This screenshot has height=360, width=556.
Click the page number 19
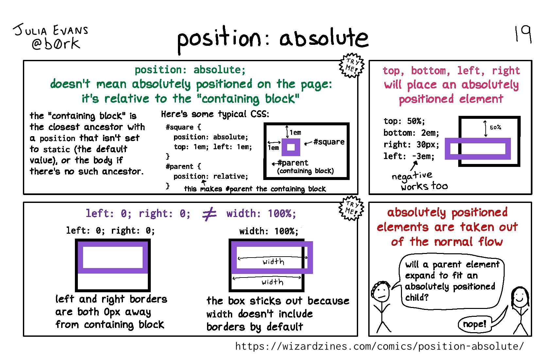point(523,34)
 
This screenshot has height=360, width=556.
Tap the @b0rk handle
point(56,44)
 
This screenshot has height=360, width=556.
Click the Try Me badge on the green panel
point(351,65)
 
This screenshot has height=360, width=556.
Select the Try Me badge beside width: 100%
point(351,208)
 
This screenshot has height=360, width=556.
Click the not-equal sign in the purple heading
point(209,214)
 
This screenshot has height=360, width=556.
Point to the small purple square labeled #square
point(291,147)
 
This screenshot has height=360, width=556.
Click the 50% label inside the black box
point(495,127)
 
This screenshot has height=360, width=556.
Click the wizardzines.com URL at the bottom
point(379,346)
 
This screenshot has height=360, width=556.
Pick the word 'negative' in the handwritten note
point(412,176)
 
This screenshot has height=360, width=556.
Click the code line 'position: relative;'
point(211,176)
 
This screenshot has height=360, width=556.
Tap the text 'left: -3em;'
point(409,156)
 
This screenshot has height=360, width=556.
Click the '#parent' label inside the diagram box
point(293,163)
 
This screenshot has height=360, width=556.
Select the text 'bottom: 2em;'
point(411,133)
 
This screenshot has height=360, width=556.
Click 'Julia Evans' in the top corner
point(51,30)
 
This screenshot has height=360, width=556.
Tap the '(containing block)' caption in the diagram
point(305,171)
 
